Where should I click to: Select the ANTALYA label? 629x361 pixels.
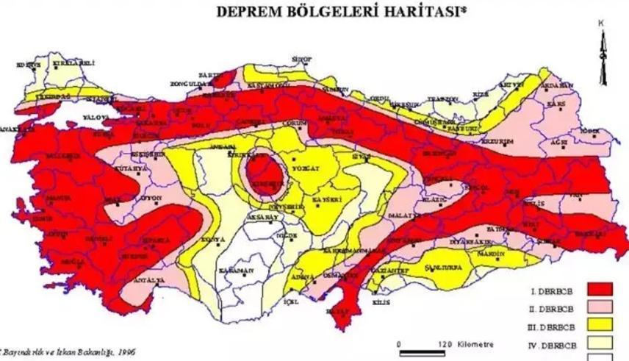pyautogui.click(x=141, y=282)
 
